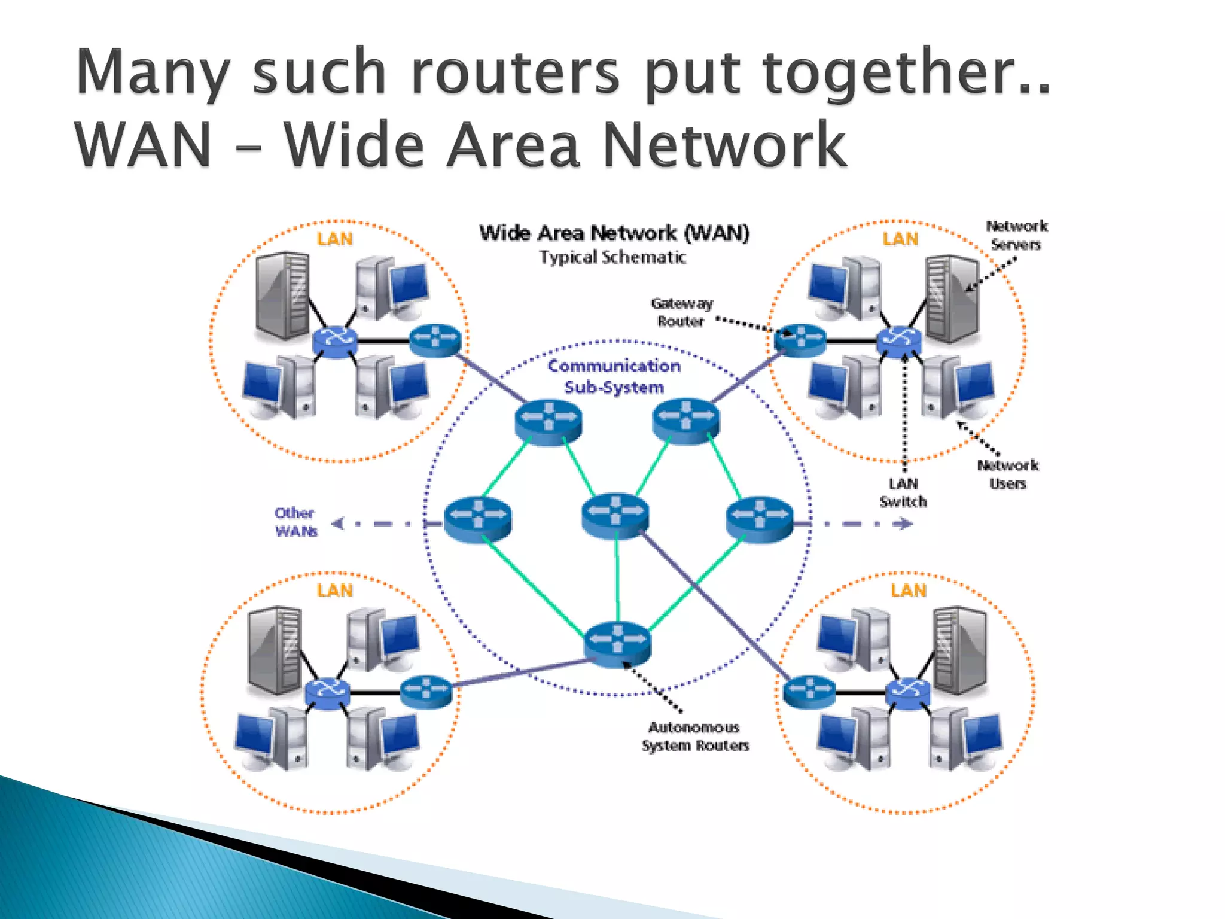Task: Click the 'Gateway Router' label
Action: tap(682, 312)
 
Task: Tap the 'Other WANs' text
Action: tap(295, 522)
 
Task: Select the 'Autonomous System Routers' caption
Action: tap(695, 736)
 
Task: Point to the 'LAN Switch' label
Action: tap(903, 492)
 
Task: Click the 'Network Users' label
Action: tap(1008, 474)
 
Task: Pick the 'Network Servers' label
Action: tap(1016, 235)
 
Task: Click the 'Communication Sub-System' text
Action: tap(614, 376)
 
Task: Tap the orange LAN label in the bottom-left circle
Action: tap(335, 591)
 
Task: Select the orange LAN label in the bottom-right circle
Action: tap(909, 591)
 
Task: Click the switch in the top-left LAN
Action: tap(335, 341)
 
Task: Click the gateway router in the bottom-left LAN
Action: tap(426, 691)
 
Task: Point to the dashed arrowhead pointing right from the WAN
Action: tap(904, 524)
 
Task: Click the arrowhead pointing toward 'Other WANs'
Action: tap(339, 524)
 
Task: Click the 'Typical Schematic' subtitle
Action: tap(612, 257)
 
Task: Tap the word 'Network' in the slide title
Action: tap(725, 145)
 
